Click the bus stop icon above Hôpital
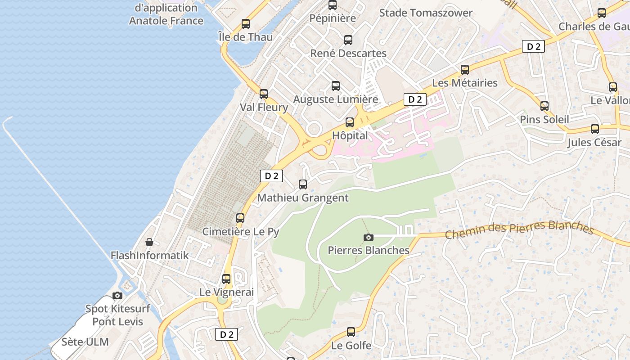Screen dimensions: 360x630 (350, 122)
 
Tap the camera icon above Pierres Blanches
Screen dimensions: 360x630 (369, 237)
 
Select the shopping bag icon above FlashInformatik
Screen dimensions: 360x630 (149, 243)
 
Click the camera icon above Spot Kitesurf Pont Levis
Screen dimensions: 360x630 (117, 296)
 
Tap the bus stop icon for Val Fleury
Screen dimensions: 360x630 (264, 94)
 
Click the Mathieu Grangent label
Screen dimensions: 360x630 (303, 198)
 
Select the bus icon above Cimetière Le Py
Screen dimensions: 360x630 (240, 218)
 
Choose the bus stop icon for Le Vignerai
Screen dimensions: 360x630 (226, 279)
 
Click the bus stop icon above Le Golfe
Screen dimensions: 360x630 (351, 333)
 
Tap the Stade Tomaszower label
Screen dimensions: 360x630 (426, 13)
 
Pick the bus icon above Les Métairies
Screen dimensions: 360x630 (465, 70)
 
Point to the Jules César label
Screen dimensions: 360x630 (594, 143)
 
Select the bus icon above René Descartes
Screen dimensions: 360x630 (348, 40)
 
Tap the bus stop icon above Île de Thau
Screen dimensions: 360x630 (246, 24)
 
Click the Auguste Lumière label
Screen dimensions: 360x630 (336, 99)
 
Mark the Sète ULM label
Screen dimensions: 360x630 (85, 342)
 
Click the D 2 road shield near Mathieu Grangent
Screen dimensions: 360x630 (271, 176)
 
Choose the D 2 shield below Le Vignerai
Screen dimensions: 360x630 (226, 334)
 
